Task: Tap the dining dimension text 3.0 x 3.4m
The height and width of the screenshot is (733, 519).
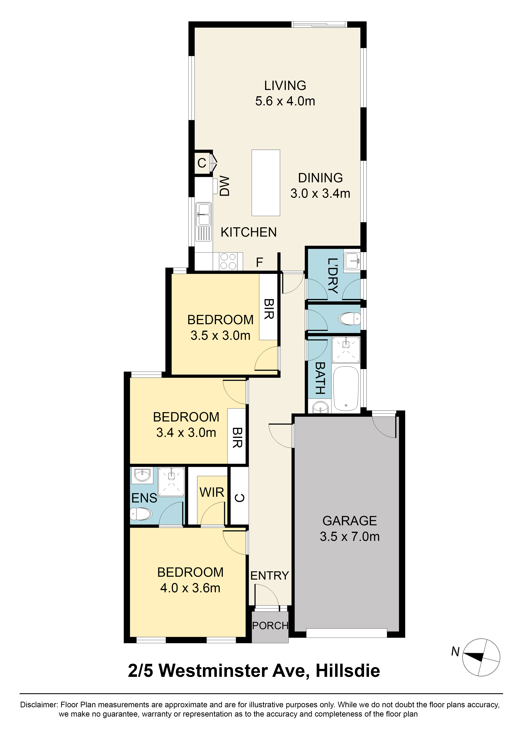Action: (x=320, y=193)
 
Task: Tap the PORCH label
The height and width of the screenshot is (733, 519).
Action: (x=270, y=626)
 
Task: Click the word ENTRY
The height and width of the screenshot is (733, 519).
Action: (x=269, y=576)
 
